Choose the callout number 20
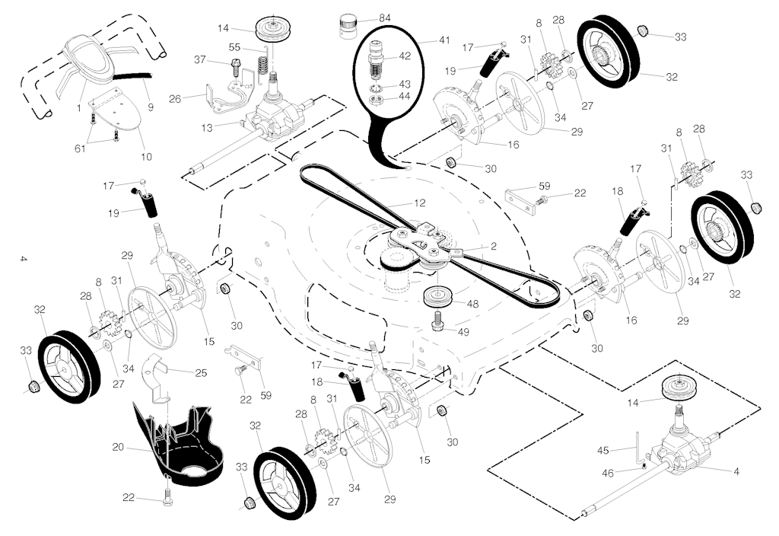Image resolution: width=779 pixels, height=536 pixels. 118,448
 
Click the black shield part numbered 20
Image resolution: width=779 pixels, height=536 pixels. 183,449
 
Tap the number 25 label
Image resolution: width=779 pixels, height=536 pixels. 201,372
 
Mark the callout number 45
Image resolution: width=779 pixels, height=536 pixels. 603,451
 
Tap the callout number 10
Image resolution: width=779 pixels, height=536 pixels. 146,157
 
